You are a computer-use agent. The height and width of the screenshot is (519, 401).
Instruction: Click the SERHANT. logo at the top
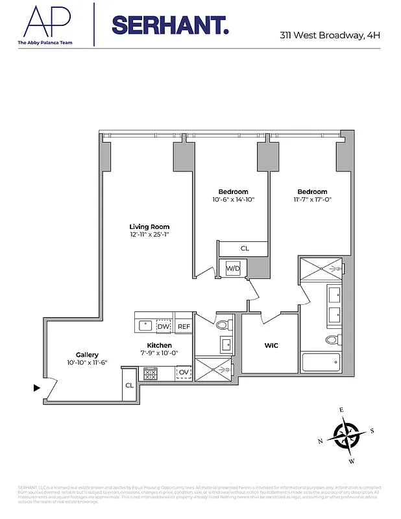[x=170, y=25]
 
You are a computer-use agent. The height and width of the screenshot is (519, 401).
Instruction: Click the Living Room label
[x=149, y=226]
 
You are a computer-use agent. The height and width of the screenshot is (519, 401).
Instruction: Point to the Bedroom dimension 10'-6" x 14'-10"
[x=233, y=200]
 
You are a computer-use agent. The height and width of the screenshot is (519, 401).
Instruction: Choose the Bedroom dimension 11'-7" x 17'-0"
[x=312, y=200]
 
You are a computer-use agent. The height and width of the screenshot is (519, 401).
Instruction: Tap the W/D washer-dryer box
[x=233, y=268]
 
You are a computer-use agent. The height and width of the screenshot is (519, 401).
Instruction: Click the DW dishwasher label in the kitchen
[x=164, y=326]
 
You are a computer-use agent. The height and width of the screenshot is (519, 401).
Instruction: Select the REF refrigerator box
[x=184, y=326]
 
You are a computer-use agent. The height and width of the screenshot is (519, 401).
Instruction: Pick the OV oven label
[x=184, y=372]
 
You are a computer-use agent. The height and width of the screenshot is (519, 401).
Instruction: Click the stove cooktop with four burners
[x=150, y=374]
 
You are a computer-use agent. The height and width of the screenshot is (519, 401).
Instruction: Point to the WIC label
[x=271, y=345]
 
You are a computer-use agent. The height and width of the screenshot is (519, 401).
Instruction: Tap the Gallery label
[x=87, y=354]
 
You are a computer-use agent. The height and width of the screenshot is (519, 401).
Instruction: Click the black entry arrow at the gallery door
[x=37, y=388]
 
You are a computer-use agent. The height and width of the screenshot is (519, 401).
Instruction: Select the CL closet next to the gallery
[x=128, y=386]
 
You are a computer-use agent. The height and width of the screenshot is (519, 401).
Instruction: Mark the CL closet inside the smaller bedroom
[x=244, y=248]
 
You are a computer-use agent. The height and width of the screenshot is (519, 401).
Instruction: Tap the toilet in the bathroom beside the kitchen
[x=223, y=324]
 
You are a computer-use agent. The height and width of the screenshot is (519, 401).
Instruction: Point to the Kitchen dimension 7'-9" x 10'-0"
[x=159, y=353]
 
